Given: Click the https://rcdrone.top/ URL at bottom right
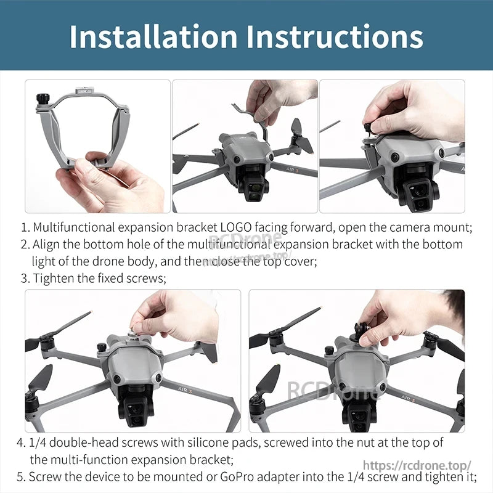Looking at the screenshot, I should coord(417,465).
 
